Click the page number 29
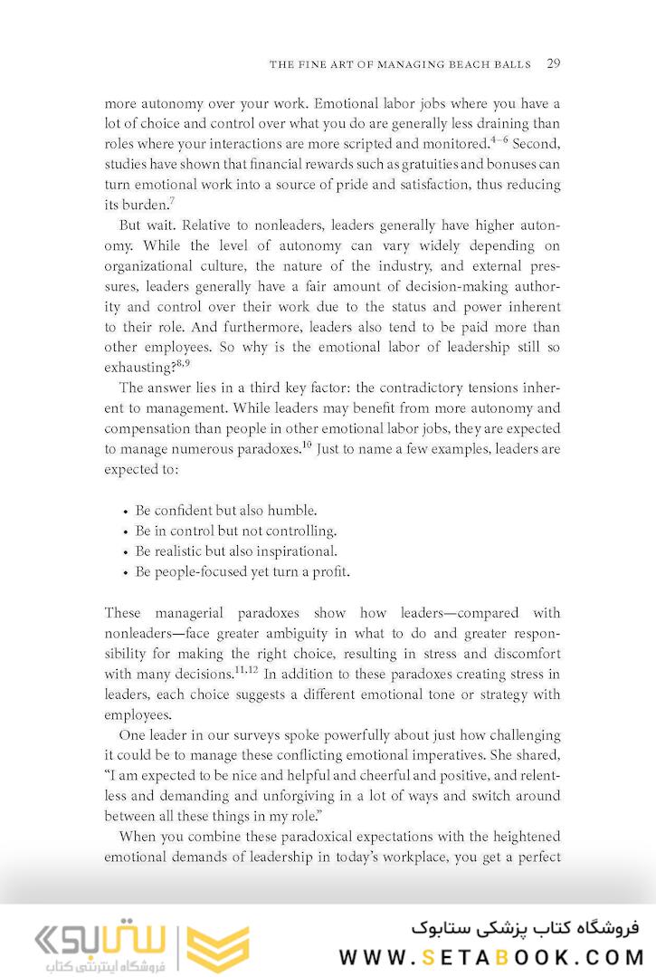point(554,64)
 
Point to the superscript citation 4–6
point(499,139)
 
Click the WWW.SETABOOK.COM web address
point(491,956)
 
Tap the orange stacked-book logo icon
point(217,947)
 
